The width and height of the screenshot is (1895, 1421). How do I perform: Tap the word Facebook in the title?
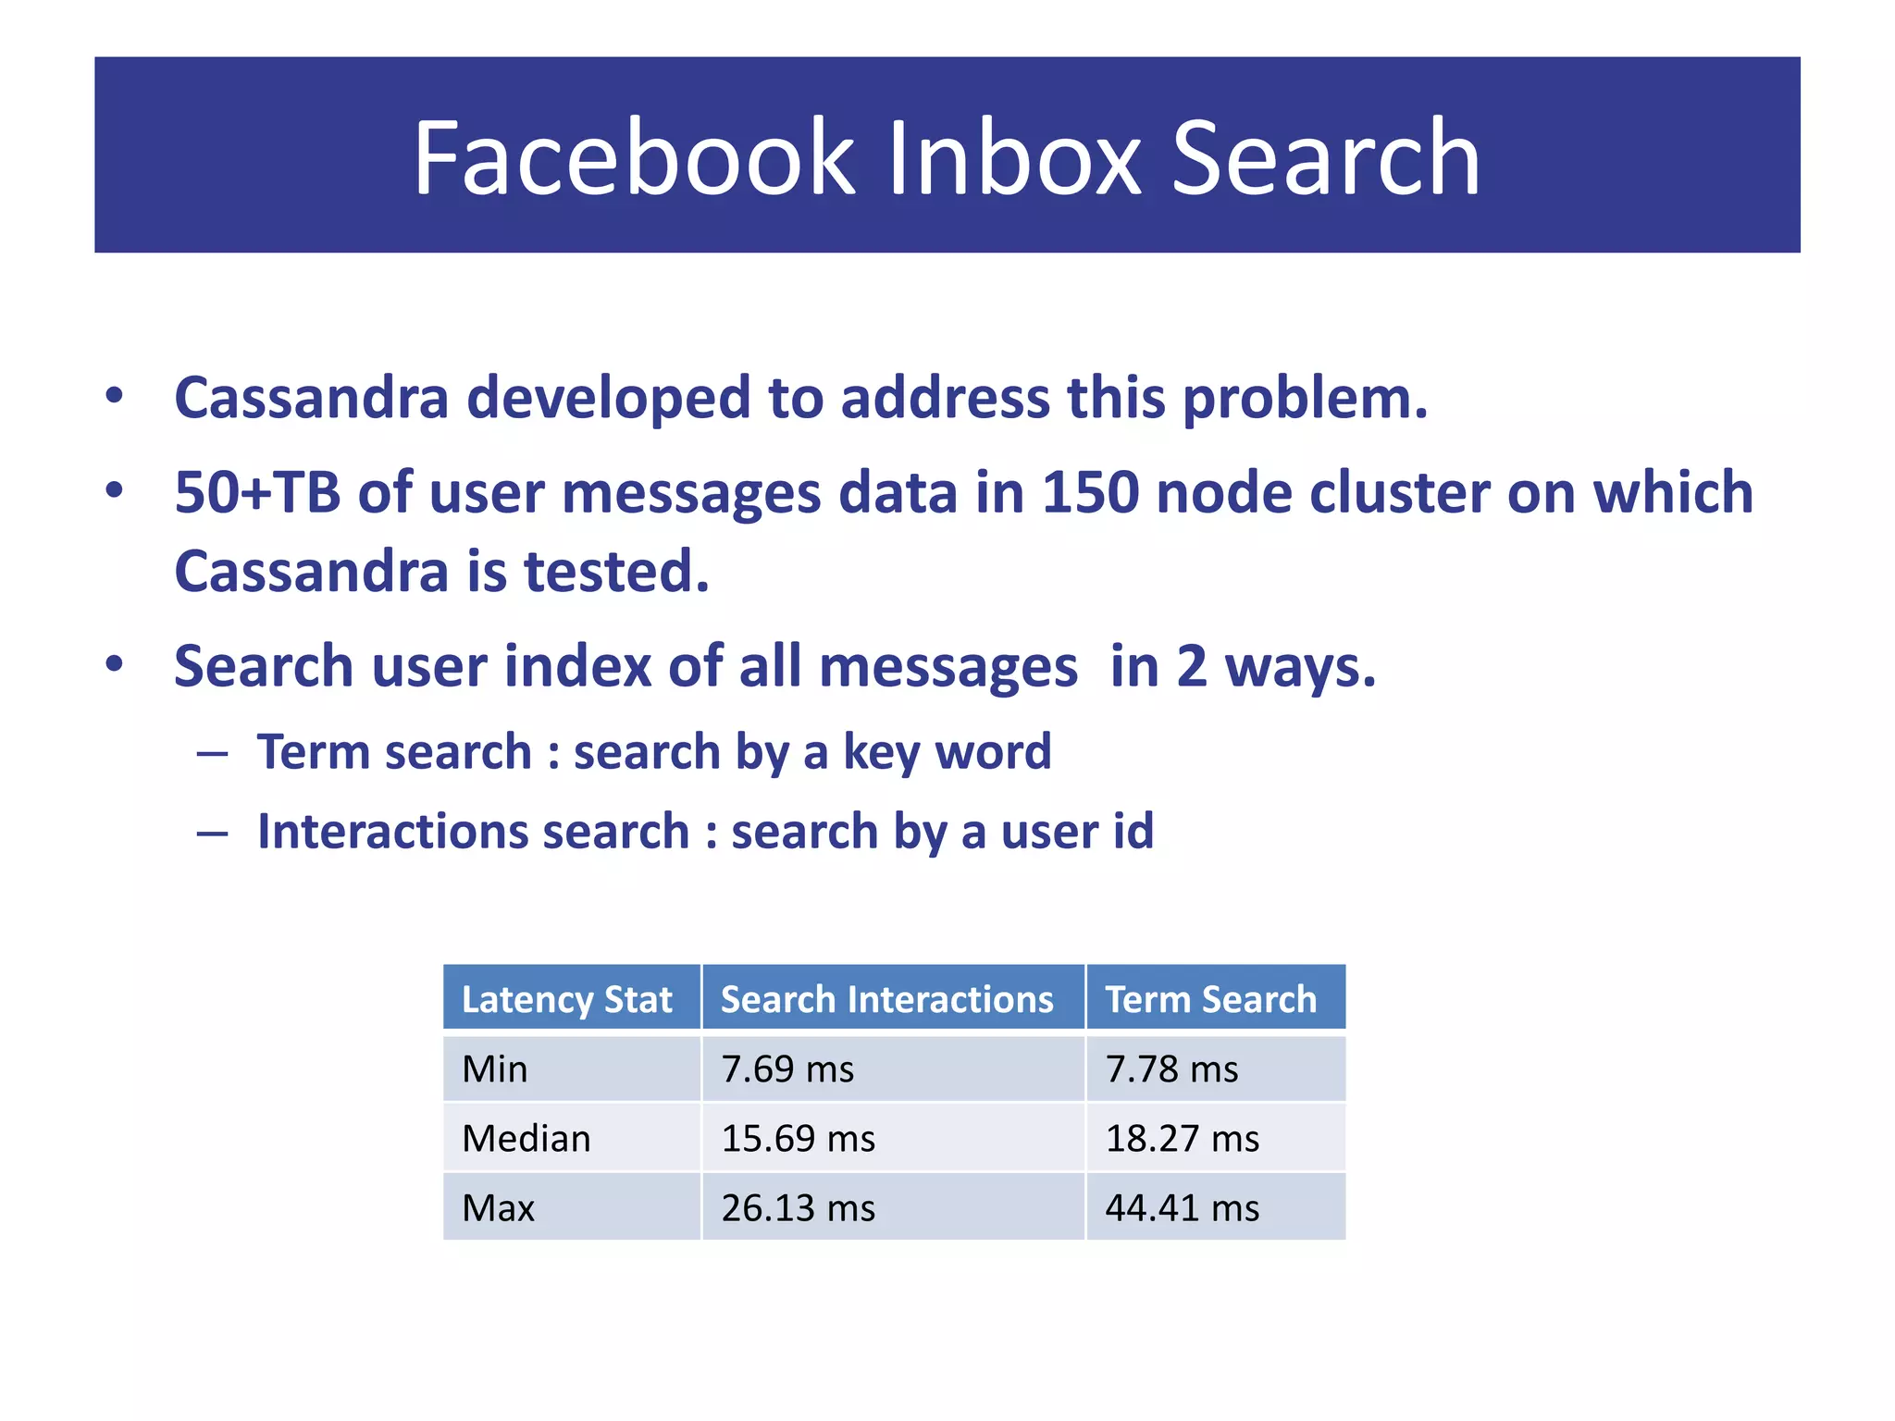coord(635,158)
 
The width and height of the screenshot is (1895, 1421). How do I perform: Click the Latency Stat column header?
coord(566,999)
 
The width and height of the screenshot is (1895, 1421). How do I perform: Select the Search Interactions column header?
coord(886,999)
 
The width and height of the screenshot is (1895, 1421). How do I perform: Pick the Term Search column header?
coord(1210,999)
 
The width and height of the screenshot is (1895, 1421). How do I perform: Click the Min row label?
coord(495,1069)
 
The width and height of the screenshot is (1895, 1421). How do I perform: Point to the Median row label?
coord(526,1139)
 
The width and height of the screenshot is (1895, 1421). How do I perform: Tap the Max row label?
coord(499,1208)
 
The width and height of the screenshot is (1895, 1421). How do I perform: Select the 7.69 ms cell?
coord(787,1069)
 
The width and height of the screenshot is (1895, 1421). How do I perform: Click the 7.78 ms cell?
coord(1171,1069)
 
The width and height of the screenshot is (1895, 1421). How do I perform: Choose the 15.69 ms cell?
coord(798,1139)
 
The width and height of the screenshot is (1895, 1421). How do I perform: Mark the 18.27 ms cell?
coord(1182,1139)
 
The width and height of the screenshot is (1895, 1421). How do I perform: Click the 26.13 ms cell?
coord(798,1208)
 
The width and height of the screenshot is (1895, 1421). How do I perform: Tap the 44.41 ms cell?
coord(1182,1208)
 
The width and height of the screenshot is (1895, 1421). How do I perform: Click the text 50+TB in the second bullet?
coord(257,492)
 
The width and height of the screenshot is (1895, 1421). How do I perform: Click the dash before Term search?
coord(212,754)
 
